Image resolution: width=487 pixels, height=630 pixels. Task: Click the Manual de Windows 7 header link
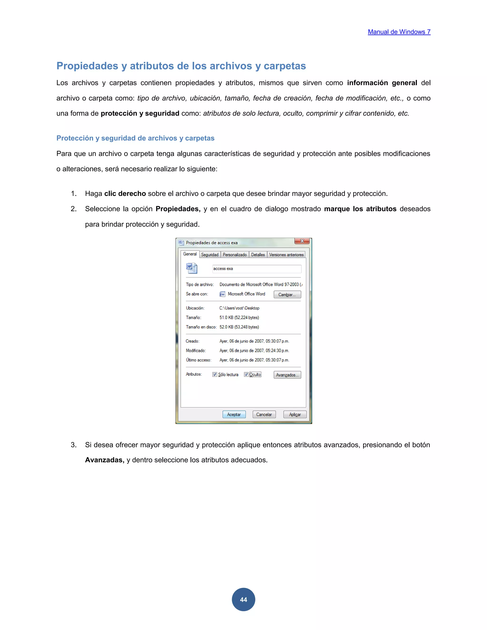click(399, 32)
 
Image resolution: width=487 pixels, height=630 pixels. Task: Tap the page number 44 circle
click(243, 599)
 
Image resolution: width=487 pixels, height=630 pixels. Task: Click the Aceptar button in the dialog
click(234, 415)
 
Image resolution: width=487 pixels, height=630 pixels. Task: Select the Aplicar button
click(295, 415)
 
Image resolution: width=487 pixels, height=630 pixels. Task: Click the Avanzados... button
click(287, 375)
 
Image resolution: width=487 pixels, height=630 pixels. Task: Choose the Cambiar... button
click(287, 295)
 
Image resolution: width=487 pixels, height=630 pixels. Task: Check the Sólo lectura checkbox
click(215, 374)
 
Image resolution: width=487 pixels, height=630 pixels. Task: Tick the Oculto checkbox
click(246, 374)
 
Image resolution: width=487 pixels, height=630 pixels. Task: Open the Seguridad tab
click(210, 255)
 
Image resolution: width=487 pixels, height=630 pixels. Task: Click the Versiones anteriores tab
click(286, 255)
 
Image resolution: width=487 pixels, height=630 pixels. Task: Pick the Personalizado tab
click(234, 255)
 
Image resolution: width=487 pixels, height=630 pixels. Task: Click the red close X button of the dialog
click(302, 241)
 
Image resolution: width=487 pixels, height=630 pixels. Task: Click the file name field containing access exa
click(257, 269)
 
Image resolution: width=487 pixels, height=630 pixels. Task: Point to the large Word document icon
click(192, 268)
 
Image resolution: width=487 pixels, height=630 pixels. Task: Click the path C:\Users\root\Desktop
click(239, 308)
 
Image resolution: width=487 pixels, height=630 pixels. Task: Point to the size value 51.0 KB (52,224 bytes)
click(239, 318)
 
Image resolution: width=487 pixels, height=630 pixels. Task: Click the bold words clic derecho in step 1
click(125, 194)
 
